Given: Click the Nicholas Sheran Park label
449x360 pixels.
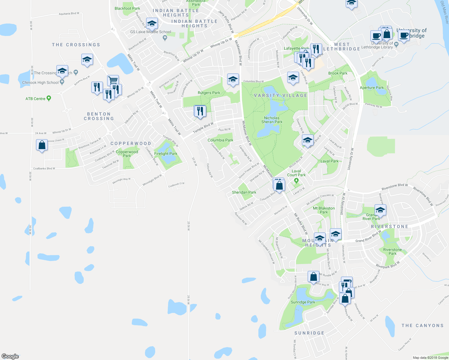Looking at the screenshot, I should [x=272, y=120].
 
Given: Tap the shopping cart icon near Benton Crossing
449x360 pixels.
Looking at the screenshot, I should [x=113, y=80].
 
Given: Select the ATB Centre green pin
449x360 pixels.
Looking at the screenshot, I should [x=49, y=98].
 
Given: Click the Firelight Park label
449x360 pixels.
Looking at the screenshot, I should [x=166, y=154].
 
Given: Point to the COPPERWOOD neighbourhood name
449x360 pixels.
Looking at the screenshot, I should [x=131, y=144].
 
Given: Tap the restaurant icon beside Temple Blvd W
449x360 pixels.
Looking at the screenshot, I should [x=200, y=111].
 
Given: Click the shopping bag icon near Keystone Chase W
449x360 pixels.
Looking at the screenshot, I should [x=42, y=145].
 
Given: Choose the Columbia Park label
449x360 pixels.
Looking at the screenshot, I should [x=220, y=140].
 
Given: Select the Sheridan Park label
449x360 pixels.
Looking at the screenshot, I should [x=244, y=192].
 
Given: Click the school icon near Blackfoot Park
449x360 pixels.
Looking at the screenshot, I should [x=152, y=23].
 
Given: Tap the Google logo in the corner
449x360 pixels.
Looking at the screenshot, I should [x=10, y=356].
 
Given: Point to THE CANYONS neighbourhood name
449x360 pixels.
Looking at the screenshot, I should [x=422, y=325].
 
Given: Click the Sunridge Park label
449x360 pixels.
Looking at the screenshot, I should [x=303, y=302].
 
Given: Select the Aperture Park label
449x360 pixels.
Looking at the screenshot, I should [x=372, y=88].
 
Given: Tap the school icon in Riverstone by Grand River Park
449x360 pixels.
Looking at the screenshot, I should [x=380, y=210].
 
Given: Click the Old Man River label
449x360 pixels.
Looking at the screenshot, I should [x=444, y=12].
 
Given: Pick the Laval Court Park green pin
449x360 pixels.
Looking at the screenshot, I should [x=297, y=180].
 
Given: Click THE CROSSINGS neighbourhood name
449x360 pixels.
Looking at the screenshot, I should [x=76, y=45].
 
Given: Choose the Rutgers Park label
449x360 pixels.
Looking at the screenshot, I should [x=209, y=93].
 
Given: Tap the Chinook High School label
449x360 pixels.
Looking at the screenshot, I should [x=41, y=82].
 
